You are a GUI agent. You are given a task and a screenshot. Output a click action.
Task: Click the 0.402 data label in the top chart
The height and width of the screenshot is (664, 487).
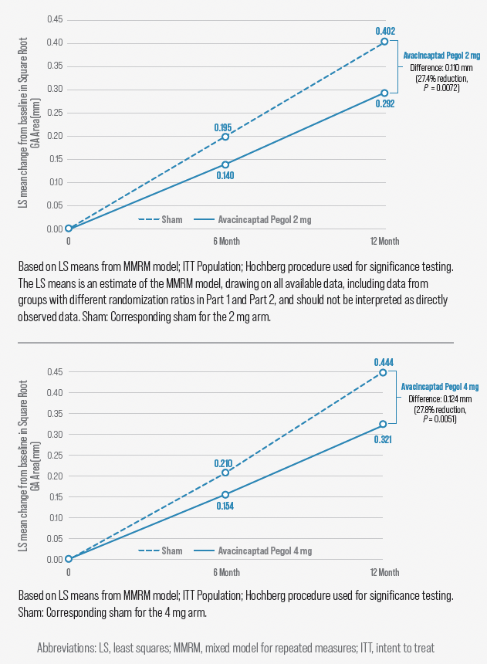(x=385, y=31)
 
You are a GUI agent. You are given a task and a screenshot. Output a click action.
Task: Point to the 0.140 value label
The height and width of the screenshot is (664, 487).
(x=225, y=175)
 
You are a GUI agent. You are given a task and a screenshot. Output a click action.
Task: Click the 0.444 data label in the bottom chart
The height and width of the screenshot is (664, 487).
(x=384, y=361)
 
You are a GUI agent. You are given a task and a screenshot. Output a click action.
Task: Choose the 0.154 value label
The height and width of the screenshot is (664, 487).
(x=225, y=506)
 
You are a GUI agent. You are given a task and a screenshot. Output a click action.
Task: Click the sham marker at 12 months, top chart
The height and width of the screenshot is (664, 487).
(x=384, y=42)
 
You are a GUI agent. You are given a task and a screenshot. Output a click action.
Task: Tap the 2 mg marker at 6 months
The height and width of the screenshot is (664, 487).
(x=225, y=164)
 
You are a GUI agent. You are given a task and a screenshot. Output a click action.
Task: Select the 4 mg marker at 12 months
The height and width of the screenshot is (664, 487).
(x=384, y=424)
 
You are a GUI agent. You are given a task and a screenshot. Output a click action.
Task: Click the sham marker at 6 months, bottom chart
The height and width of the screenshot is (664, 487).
(x=225, y=473)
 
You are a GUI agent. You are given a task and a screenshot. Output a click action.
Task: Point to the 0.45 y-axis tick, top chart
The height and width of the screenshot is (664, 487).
(x=54, y=19)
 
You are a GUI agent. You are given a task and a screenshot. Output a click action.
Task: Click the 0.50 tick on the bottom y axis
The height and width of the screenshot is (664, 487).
(x=54, y=351)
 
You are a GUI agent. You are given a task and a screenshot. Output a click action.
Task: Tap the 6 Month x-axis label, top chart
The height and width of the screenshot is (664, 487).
(x=225, y=242)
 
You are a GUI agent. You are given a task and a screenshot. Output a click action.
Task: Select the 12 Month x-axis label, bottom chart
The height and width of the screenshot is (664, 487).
(x=384, y=572)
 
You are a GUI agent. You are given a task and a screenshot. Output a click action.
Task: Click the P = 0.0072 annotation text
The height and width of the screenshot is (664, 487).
(x=437, y=88)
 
